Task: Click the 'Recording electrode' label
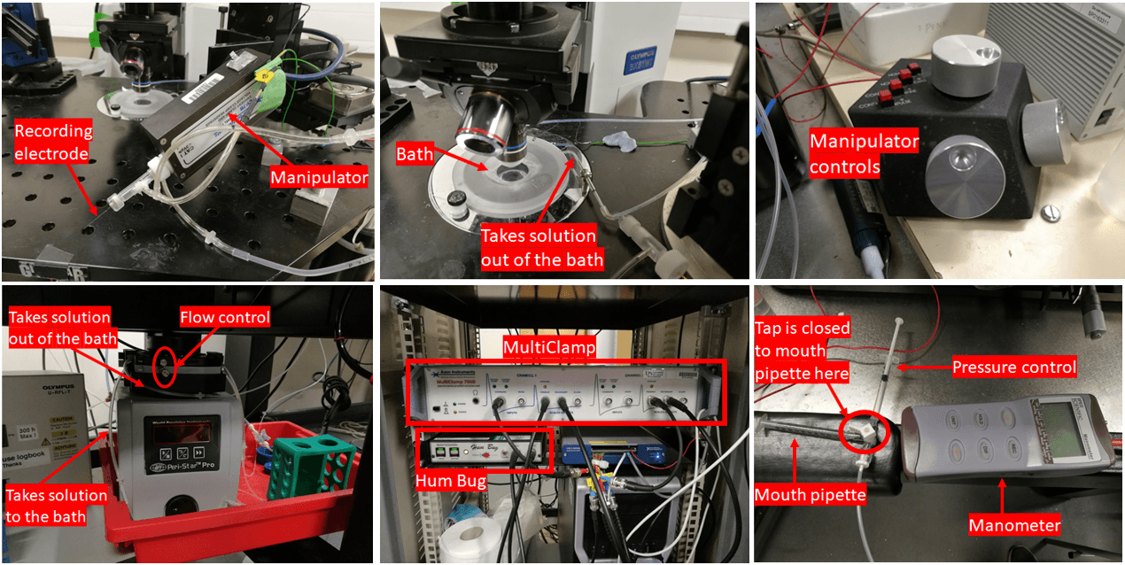pyautogui.click(x=53, y=143)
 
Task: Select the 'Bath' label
pyautogui.click(x=415, y=155)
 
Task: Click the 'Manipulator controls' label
pyautogui.click(x=865, y=153)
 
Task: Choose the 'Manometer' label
pyautogui.click(x=1014, y=525)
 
